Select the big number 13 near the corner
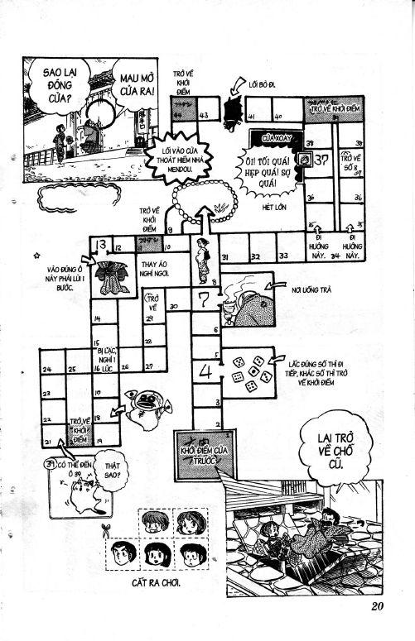[x=100, y=245]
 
